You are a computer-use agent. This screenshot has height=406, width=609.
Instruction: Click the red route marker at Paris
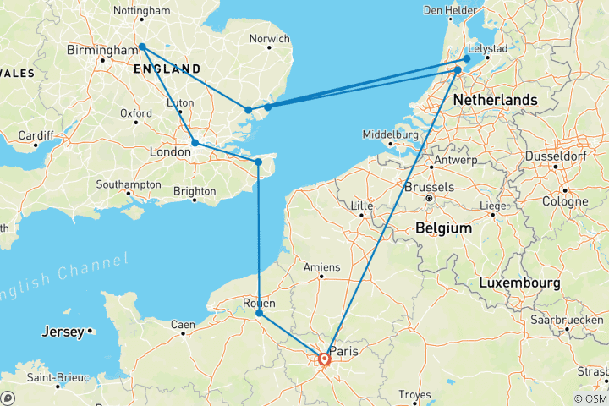pos(324,360)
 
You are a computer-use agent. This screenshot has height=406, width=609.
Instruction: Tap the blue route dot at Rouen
pos(260,314)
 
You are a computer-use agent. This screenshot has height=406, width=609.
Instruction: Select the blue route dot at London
pos(195,143)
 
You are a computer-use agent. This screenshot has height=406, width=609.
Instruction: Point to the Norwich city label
pos(271,39)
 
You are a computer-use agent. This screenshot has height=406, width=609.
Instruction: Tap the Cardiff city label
pos(35,134)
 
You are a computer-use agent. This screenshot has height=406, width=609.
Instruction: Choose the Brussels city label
pos(430,188)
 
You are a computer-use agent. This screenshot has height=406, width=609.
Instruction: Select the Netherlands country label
pos(495,100)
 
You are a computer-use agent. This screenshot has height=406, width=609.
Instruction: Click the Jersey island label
pos(63,332)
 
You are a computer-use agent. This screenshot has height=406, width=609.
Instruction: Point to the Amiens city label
pos(321,267)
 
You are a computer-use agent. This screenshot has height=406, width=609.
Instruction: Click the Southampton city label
pos(129,184)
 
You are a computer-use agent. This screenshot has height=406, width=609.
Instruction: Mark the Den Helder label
pos(446,10)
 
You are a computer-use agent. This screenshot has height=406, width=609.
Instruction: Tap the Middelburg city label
pos(391,134)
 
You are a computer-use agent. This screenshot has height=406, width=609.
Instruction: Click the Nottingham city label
pos(141,12)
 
